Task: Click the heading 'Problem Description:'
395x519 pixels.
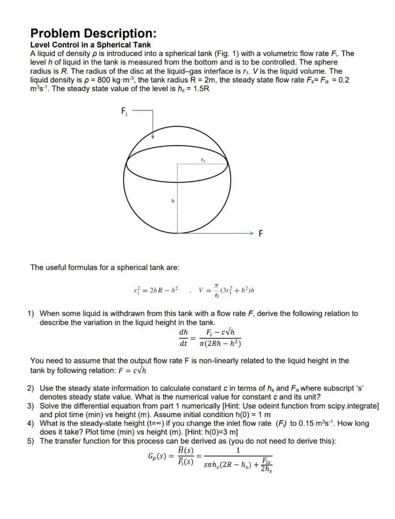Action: pos(93,33)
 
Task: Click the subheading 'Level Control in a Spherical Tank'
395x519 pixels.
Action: pos(90,45)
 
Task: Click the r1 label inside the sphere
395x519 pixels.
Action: pos(203,161)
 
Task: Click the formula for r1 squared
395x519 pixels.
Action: pos(155,291)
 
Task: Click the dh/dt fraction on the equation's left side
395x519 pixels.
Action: pos(183,337)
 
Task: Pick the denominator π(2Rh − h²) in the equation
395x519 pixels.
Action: pos(220,343)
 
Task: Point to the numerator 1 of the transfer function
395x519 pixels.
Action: pos(238,451)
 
